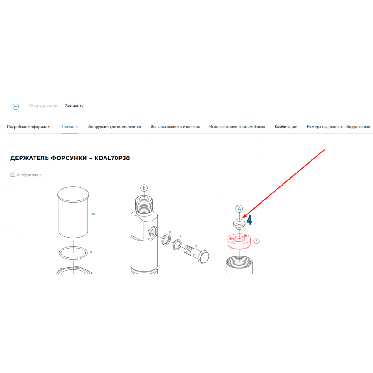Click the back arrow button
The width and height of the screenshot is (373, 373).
click(x=15, y=106)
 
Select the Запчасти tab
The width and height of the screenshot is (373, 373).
click(x=69, y=127)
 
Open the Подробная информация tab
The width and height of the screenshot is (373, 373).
click(x=29, y=127)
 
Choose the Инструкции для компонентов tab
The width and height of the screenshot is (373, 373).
click(x=114, y=127)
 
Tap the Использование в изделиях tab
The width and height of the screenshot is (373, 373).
click(x=175, y=127)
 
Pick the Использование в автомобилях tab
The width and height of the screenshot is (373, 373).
click(x=237, y=127)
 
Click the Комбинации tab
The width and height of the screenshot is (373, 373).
click(x=286, y=127)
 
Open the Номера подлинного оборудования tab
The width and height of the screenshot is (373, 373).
click(x=338, y=127)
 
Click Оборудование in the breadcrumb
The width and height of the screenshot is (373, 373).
click(x=43, y=106)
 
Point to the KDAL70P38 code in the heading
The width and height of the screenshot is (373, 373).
click(x=112, y=158)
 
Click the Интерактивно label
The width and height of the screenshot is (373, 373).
click(x=29, y=175)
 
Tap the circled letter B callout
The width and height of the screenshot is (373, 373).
click(x=144, y=188)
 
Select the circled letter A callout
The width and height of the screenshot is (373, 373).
click(x=239, y=209)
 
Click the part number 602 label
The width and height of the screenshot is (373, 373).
click(x=93, y=214)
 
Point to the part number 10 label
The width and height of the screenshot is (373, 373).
click(x=90, y=252)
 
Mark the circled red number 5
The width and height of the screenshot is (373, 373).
click(x=256, y=241)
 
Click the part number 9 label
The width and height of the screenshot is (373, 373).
click(x=196, y=246)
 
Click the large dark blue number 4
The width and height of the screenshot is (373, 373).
click(x=249, y=220)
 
